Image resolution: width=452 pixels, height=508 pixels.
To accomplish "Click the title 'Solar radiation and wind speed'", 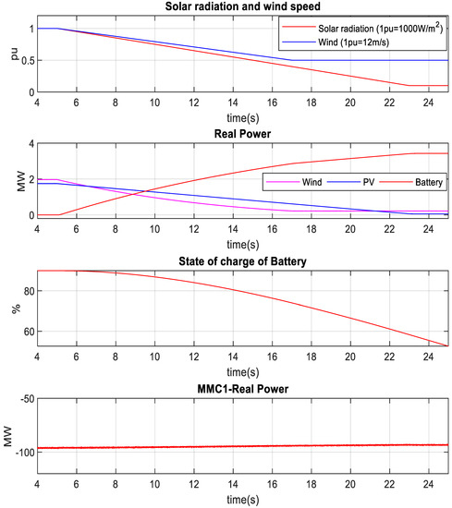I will pos(242,7).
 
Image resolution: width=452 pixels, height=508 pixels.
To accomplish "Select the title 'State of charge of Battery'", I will pos(242,259).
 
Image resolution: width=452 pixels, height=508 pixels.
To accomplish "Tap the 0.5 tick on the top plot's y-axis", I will pos(25,60).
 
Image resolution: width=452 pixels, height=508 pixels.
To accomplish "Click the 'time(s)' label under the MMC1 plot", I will pos(242,499).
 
